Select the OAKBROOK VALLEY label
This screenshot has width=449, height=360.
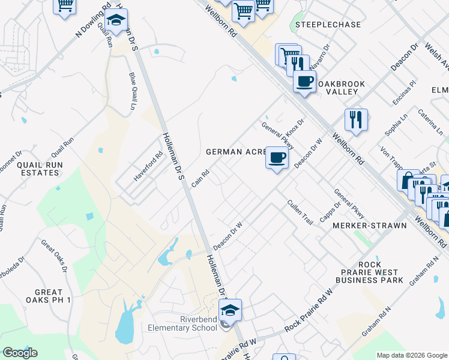pos(338,87)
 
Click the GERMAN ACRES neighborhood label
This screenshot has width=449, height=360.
pos(235,152)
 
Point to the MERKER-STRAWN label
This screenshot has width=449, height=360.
pos(370,225)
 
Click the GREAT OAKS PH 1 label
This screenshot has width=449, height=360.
pos(49,295)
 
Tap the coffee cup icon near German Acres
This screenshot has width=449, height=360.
pos(277,158)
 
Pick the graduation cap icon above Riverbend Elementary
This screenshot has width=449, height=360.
pos(229,310)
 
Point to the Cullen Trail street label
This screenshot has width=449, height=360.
pos(300,212)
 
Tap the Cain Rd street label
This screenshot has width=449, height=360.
pos(200,178)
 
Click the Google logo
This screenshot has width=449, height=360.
pos(20,353)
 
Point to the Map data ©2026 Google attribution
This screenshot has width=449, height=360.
pos(411,355)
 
